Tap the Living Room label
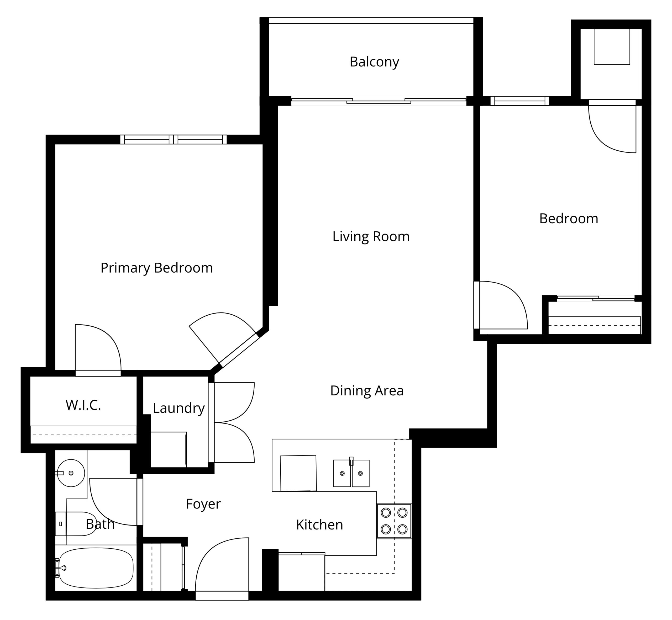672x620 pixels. click(371, 236)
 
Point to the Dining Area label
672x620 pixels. click(367, 390)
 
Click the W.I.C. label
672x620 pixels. click(83, 405)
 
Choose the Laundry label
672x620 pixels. click(178, 408)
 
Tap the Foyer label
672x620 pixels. click(203, 504)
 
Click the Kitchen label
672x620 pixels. click(319, 525)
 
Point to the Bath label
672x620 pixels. click(100, 524)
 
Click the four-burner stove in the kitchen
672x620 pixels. click(394, 521)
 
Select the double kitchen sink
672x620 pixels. click(351, 473)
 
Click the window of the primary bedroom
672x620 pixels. click(174, 140)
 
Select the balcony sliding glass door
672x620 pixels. click(379, 101)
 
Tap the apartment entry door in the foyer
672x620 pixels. click(222, 569)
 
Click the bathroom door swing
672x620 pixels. click(114, 502)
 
